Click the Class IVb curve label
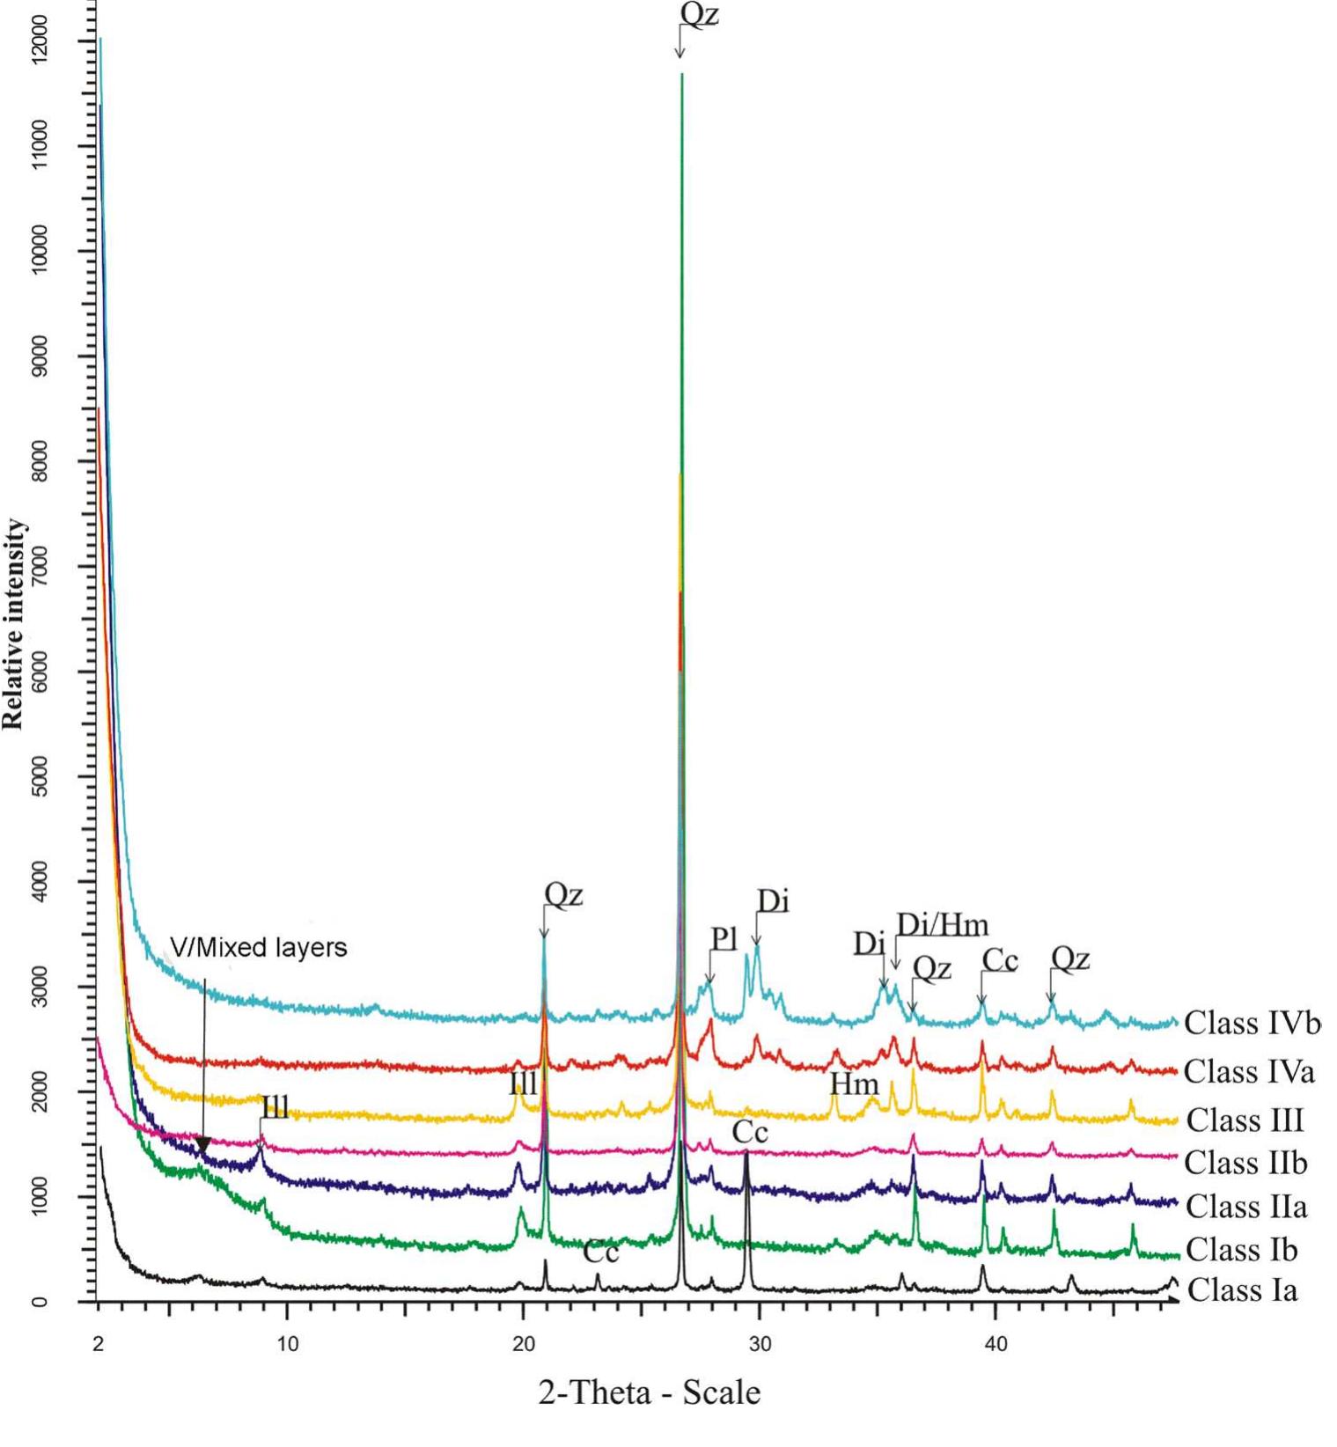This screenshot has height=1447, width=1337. [x=1251, y=1023]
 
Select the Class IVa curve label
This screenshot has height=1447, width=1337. [x=1248, y=1072]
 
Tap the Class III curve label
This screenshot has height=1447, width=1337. [x=1245, y=1120]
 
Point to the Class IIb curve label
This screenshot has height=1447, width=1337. [x=1245, y=1163]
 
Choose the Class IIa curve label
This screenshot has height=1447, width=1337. [x=1246, y=1206]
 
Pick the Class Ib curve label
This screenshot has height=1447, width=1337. [x=1241, y=1249]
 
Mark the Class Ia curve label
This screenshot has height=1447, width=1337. [x=1242, y=1290]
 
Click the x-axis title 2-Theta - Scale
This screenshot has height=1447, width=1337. [x=650, y=1392]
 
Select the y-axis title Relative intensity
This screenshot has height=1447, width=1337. [x=13, y=624]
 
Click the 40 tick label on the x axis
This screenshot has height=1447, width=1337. [x=995, y=1345]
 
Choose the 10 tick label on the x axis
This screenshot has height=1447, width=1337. [x=287, y=1345]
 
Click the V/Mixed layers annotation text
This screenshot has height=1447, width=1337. [x=259, y=948]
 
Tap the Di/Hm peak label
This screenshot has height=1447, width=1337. [x=943, y=925]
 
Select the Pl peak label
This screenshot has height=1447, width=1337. [x=724, y=939]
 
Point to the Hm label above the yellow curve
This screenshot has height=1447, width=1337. [x=854, y=1083]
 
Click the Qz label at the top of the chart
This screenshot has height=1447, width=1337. [x=700, y=15]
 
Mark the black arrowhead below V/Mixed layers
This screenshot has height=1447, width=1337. [x=203, y=1145]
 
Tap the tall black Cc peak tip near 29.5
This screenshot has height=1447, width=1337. [x=746, y=1152]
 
